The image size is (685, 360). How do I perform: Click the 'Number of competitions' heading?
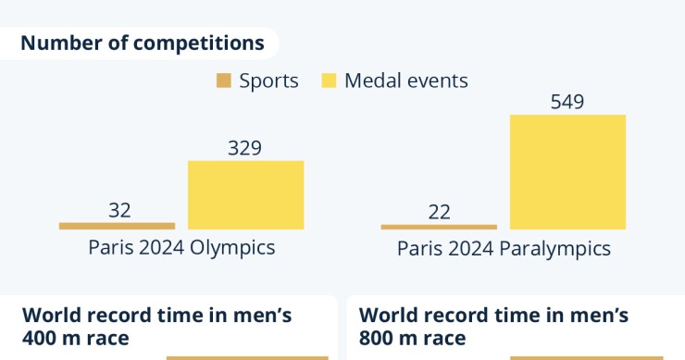(x=142, y=43)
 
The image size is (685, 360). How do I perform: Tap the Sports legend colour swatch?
(x=223, y=81)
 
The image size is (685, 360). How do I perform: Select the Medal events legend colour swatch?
(x=329, y=81)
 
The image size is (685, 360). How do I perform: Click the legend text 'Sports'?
(x=268, y=81)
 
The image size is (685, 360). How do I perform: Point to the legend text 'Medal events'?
(x=406, y=81)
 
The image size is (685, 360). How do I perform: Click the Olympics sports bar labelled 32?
(x=117, y=225)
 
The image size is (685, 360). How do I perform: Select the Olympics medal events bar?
(x=245, y=194)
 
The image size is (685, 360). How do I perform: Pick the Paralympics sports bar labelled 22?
(x=439, y=226)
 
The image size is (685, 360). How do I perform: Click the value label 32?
(x=119, y=210)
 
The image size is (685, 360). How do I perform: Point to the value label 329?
(x=244, y=147)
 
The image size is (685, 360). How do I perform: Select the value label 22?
(x=440, y=212)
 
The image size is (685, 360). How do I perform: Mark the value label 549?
(x=567, y=101)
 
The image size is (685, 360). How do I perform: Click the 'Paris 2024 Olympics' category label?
(x=181, y=248)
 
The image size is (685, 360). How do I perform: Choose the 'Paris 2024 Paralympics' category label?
(x=504, y=249)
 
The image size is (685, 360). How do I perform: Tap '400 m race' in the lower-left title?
(x=76, y=338)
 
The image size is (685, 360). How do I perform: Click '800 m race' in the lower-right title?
(x=412, y=338)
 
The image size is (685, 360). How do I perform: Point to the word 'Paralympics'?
(x=554, y=249)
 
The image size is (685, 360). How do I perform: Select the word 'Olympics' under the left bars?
(x=234, y=248)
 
